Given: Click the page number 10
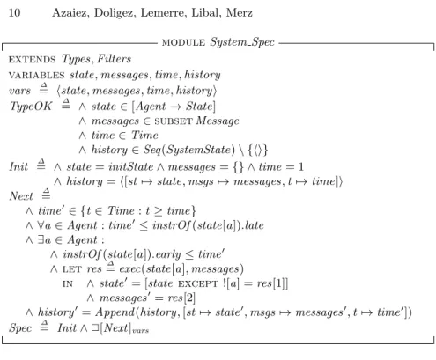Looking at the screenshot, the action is [14, 13].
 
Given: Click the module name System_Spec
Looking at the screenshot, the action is [242, 42].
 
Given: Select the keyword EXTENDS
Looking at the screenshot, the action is [32, 60].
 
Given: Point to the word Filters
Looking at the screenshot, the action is [114, 59].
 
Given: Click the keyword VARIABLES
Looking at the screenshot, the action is [36, 76].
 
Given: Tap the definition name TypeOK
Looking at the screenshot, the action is [31, 107].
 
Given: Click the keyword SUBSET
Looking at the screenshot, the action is [174, 121].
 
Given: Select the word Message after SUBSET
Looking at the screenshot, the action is [218, 121].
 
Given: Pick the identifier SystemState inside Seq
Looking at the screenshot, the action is [201, 150].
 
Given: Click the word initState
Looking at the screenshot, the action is [130, 166].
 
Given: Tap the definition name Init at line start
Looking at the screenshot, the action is [18, 166].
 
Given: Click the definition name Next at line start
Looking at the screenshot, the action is [21, 196].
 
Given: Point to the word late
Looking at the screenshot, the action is [255, 225].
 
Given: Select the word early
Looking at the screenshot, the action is [168, 254].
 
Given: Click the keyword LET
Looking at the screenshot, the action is [71, 269].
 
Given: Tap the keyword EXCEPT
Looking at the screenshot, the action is [198, 284].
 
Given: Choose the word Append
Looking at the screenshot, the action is [115, 312].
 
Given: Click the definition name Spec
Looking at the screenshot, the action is [20, 327].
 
